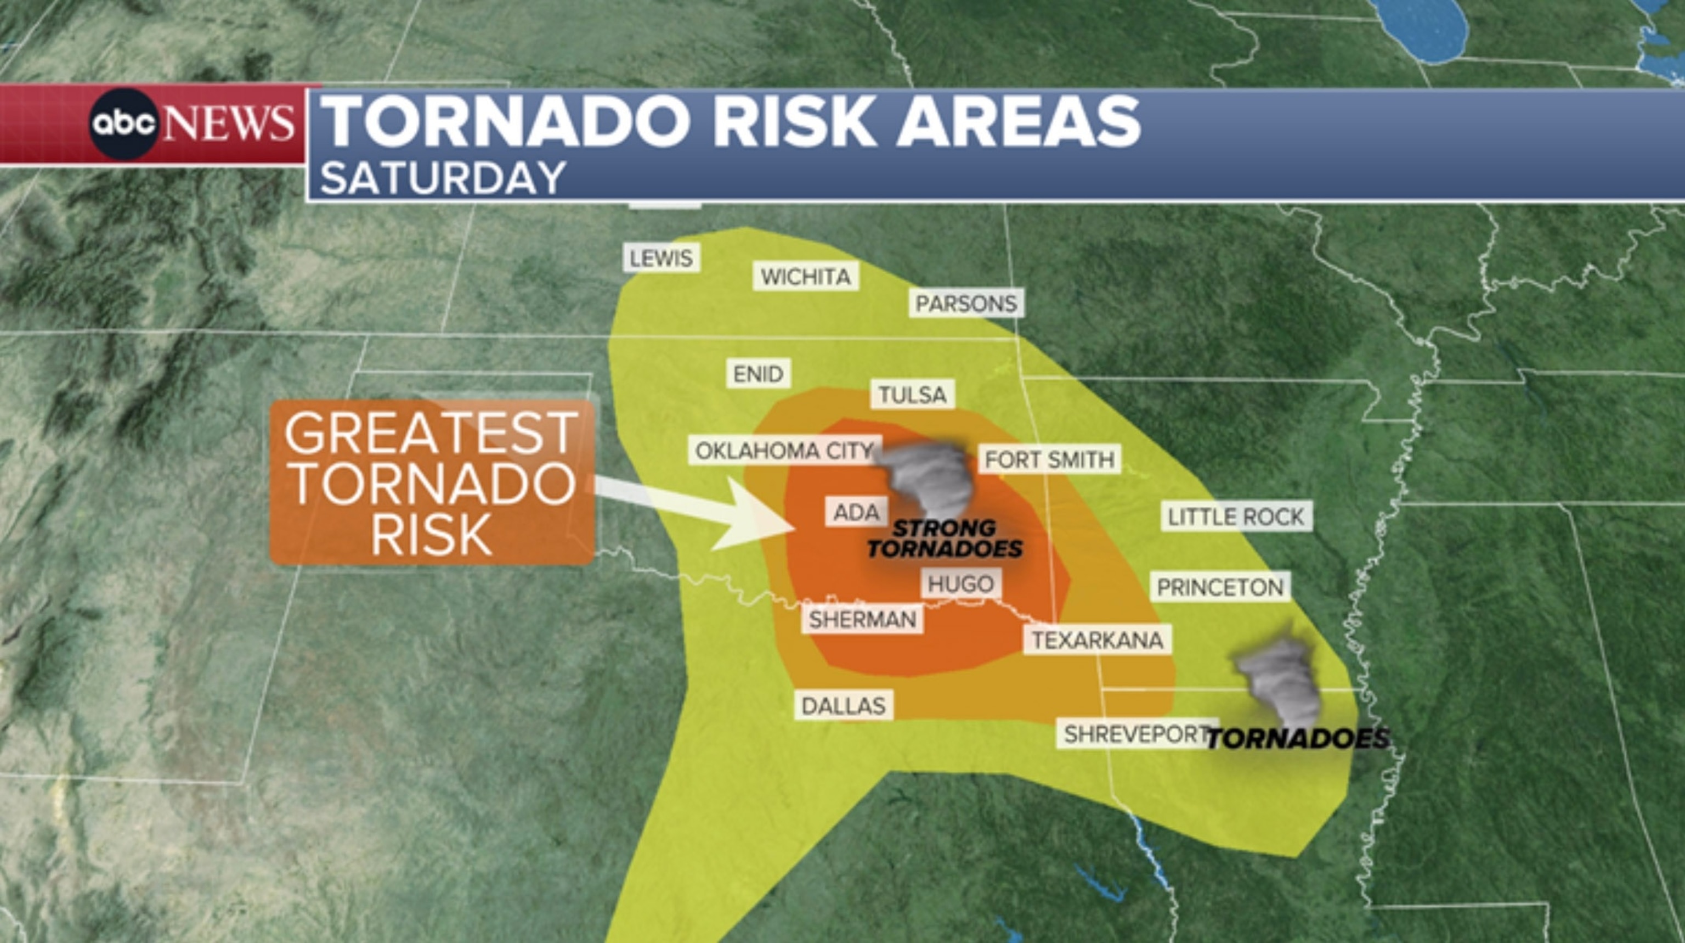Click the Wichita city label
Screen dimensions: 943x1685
pos(806,277)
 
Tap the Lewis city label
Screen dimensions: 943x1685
pos(660,258)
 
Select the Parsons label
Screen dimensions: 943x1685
pos(966,304)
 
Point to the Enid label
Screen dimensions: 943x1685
pos(758,374)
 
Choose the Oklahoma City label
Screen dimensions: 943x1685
pos(784,451)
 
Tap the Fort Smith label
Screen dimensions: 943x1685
pos(1049,459)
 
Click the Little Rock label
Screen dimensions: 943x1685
pos(1236,517)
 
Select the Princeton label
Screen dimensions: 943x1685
pos(1220,587)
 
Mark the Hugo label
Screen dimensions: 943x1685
pos(960,583)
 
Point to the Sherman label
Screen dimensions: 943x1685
pos(862,619)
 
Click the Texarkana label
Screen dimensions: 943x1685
pos(1097,640)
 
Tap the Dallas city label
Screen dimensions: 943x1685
pos(843,705)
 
